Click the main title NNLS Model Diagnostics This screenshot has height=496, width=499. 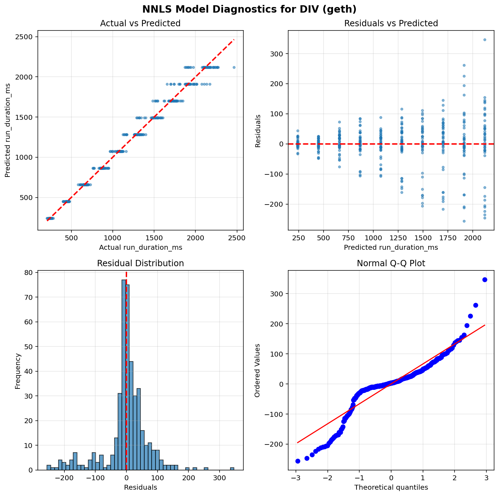click(249, 9)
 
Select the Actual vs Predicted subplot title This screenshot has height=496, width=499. click(140, 23)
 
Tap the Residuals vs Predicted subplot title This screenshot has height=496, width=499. click(391, 23)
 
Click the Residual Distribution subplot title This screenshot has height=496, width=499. click(140, 263)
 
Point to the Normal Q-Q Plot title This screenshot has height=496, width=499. click(391, 263)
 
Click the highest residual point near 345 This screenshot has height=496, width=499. click(485, 40)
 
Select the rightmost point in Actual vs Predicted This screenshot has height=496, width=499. click(234, 67)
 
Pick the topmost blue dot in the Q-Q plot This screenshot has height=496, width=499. click(485, 280)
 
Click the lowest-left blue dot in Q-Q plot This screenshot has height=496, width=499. click(298, 461)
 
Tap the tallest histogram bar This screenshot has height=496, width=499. click(124, 375)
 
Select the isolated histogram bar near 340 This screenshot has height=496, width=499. click(232, 469)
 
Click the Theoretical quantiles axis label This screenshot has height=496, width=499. click(391, 487)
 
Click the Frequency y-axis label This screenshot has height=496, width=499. click(18, 371)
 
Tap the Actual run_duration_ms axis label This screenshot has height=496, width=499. click(140, 247)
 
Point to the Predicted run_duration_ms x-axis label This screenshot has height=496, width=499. click(391, 247)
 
